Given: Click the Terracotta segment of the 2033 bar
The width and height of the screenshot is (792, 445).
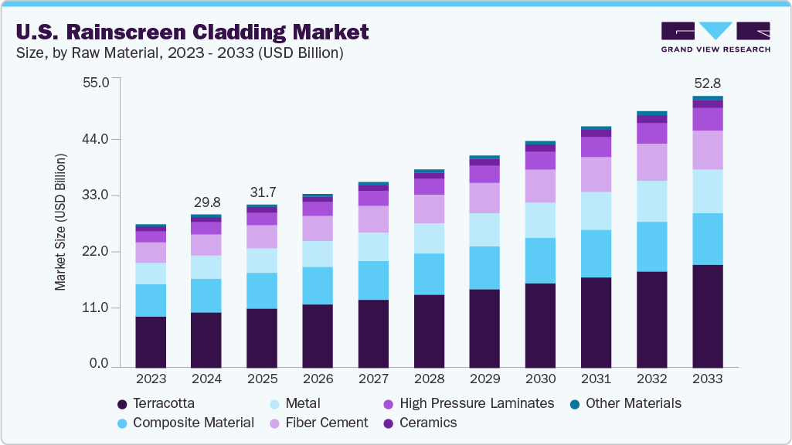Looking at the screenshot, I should pos(707,316).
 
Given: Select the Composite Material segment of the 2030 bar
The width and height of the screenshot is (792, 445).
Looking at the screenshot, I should pos(540,260).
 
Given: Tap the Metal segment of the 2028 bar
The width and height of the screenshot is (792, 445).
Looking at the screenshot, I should pos(429,238).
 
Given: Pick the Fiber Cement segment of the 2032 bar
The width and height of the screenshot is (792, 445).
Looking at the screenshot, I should pos(651,162).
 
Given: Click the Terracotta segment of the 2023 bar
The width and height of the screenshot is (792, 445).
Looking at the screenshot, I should pos(151,341).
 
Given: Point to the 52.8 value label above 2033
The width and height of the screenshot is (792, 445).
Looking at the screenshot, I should pos(707,83).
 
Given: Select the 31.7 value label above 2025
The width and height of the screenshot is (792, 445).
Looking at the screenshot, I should pos(262,192).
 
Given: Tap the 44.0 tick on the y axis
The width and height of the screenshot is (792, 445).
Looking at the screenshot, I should pos(97,139).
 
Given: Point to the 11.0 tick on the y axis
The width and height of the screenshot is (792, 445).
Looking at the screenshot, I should pos(97,307).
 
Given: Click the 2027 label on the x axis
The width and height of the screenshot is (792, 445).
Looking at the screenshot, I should pos(373,379).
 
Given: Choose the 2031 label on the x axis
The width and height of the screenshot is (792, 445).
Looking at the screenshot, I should pos(596,379).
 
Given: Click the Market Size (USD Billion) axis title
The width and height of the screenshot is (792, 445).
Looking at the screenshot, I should pos(60,222).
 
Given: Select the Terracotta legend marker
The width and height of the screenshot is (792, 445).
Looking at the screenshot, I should pos(122,404).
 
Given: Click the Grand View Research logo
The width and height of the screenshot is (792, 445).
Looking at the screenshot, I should pos(715,36).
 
